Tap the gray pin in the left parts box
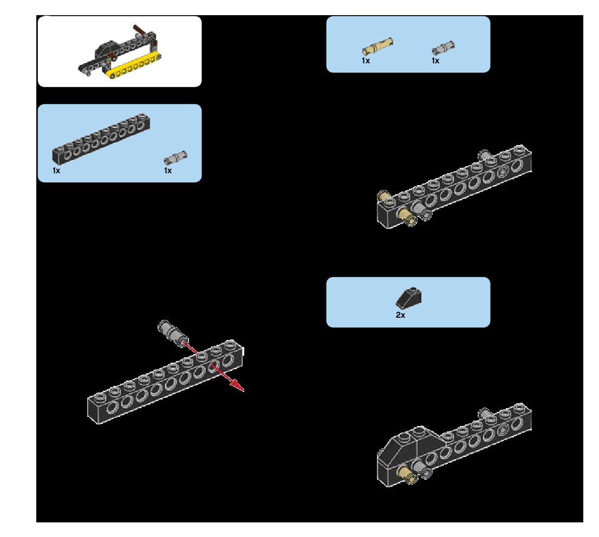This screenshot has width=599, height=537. tap(175, 158)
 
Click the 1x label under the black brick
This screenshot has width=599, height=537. tap(56, 171)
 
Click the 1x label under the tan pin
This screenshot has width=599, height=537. tap(366, 61)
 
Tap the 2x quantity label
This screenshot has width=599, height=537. tap(400, 315)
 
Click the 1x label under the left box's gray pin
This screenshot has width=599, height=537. tap(168, 171)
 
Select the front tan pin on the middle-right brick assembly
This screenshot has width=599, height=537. tap(407, 217)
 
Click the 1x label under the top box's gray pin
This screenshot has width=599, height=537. tap(435, 61)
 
